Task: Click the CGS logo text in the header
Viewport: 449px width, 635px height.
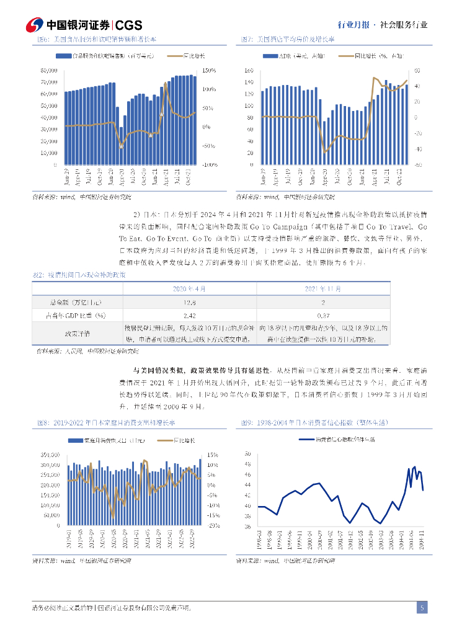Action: (x=129, y=25)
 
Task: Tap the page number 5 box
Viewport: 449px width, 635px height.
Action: (x=422, y=608)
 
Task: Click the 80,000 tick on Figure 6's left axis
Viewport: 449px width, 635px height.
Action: (x=49, y=70)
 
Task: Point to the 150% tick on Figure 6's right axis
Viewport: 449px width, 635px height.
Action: (x=208, y=70)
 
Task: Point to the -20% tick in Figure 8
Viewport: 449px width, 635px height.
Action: (x=213, y=525)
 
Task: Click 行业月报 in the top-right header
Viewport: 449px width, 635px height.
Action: (x=353, y=25)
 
